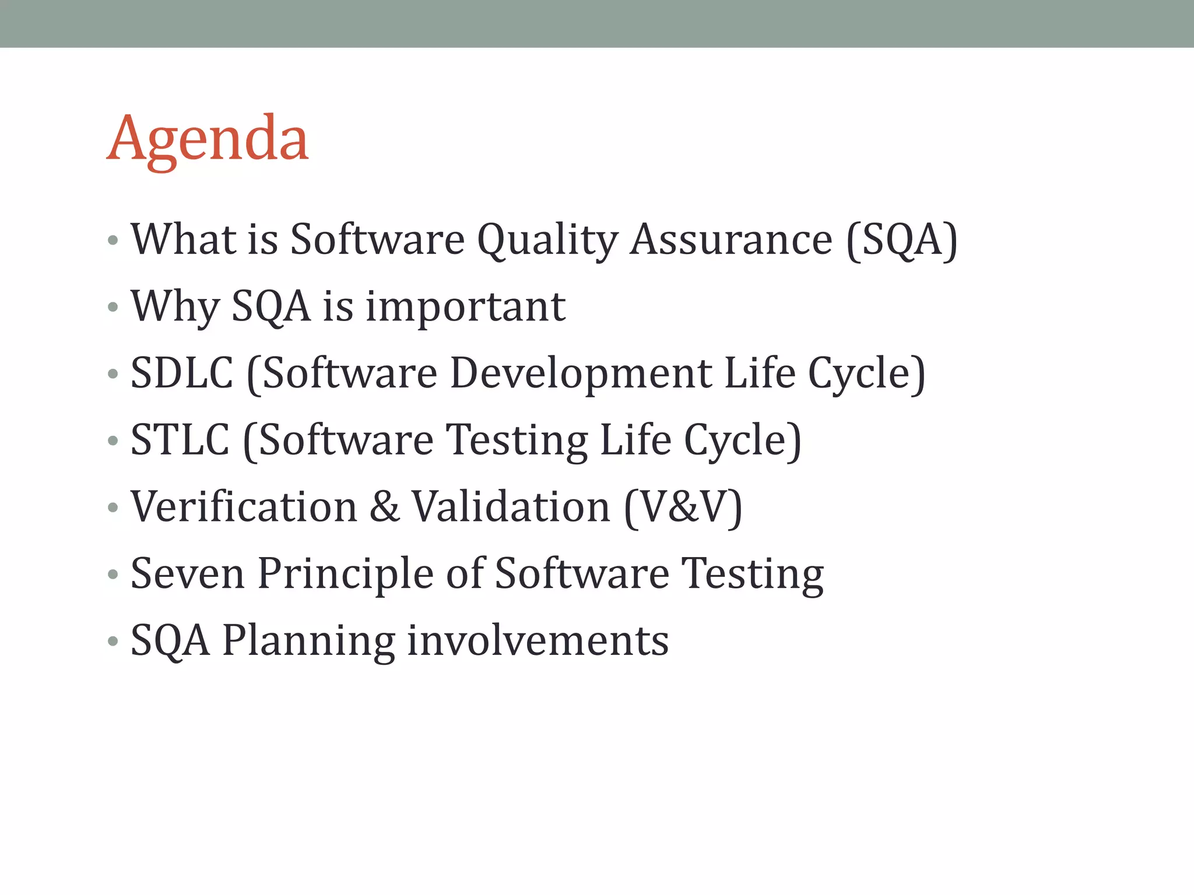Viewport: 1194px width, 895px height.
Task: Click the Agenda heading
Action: click(208, 140)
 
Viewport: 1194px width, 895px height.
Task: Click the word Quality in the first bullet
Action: click(547, 240)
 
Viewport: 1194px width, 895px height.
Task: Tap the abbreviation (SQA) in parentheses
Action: click(901, 240)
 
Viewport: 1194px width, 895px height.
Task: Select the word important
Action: click(465, 306)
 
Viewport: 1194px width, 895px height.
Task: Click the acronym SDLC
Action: click(181, 373)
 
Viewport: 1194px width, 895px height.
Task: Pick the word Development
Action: click(581, 374)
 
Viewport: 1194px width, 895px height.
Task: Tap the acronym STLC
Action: click(180, 440)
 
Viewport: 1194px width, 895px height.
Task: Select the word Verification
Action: click(244, 506)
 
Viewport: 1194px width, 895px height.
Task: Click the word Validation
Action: click(511, 506)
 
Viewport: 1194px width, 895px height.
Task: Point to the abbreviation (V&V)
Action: click(683, 507)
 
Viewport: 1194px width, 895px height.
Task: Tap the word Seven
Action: click(187, 574)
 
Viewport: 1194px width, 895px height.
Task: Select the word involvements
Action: click(538, 640)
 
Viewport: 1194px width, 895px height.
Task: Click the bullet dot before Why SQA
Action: click(113, 307)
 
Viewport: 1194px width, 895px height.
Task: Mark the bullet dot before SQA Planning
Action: click(113, 642)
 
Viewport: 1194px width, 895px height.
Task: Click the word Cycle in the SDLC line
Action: click(866, 374)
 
